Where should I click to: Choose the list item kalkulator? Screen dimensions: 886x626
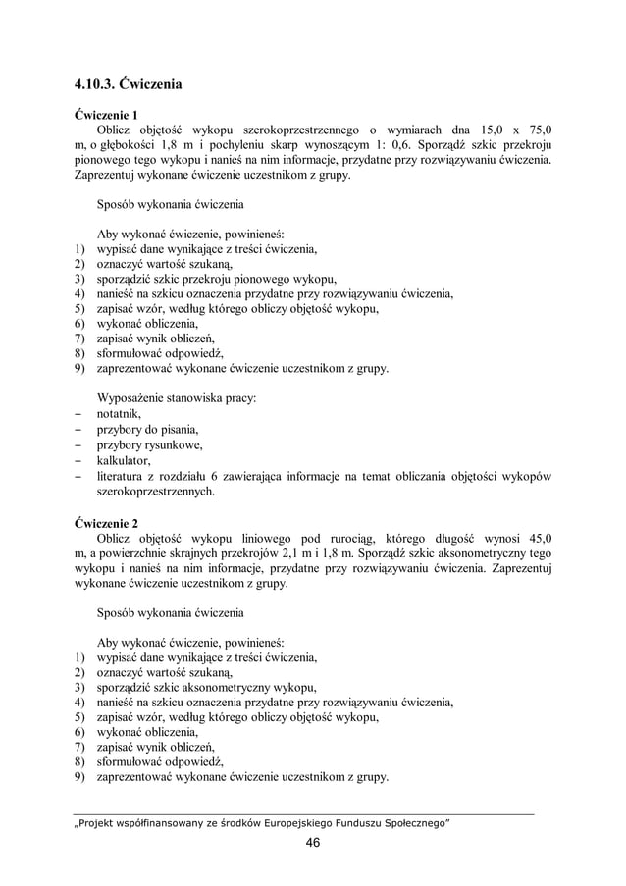(x=123, y=460)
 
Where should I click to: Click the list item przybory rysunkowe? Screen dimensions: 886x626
(x=149, y=445)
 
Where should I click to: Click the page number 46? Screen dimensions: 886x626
(x=313, y=843)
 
